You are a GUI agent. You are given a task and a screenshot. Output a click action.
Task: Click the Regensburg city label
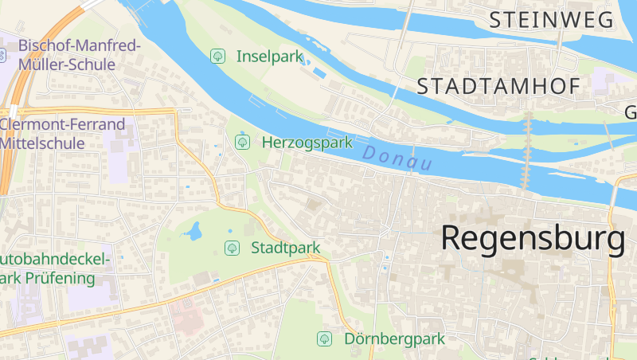point(532,239)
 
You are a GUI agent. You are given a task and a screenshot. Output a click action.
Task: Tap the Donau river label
point(396,158)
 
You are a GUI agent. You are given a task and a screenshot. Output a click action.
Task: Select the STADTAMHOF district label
point(498,86)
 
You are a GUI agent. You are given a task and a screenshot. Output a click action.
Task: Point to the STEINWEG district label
point(552,20)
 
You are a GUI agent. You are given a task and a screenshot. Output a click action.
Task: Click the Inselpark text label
point(271,56)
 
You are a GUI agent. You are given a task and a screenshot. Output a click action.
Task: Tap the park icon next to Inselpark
point(217,56)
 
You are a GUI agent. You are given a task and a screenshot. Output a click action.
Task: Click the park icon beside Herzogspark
point(242,142)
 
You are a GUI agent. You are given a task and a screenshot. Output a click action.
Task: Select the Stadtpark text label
point(285,248)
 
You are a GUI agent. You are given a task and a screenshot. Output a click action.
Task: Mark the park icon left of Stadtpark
point(232,248)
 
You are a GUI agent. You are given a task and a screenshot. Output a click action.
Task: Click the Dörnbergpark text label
point(394,338)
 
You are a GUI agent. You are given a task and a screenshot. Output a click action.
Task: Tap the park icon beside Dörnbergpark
point(325,338)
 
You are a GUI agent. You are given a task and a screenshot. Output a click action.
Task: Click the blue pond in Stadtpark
point(193,232)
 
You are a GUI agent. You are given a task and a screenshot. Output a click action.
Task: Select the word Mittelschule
point(43,143)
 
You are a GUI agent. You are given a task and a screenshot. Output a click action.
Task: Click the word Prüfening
point(64,279)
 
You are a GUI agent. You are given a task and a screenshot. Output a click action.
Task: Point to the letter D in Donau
point(369,151)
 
